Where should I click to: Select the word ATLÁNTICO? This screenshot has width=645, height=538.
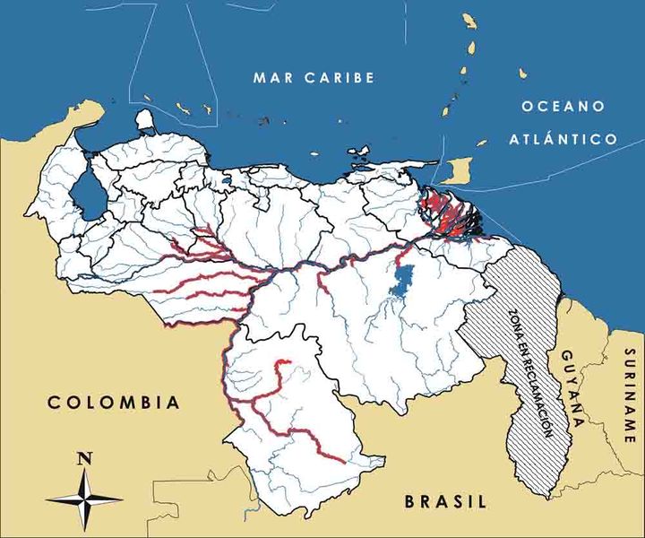point(563,139)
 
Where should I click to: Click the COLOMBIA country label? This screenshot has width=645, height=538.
point(114,403)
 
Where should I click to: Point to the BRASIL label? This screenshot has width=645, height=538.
point(444,501)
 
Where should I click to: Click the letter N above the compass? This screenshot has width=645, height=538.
point(85,458)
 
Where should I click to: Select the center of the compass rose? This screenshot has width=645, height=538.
point(85,496)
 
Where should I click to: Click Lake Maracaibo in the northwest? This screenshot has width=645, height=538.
point(87,192)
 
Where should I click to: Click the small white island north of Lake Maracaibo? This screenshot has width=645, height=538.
point(145,119)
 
